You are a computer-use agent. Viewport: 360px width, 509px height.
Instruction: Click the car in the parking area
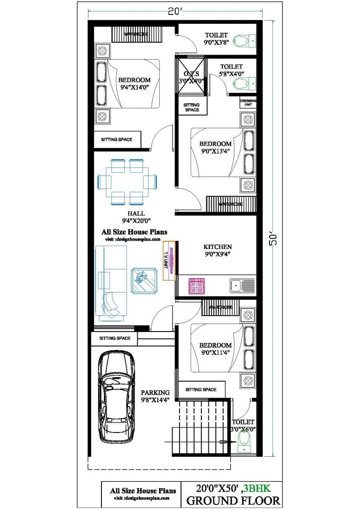[117, 398]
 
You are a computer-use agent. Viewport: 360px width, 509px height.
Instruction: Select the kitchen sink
[242, 285]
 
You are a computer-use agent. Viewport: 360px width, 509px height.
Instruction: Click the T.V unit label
[167, 259]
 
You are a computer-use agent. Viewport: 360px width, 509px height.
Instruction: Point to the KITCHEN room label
[217, 247]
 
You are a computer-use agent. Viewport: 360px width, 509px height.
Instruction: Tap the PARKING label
[155, 392]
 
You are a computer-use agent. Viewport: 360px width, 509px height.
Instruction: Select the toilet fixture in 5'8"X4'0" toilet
[244, 82]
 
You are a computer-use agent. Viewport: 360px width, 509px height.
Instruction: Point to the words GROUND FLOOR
[233, 500]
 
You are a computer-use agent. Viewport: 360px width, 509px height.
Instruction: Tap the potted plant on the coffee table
[142, 277]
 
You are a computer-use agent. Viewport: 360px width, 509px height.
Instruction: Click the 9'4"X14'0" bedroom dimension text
[134, 88]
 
